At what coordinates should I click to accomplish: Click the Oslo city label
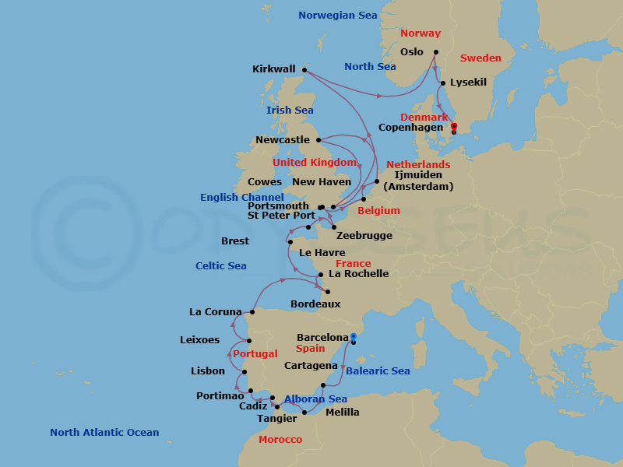411,52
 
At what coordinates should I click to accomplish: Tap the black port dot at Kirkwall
304,69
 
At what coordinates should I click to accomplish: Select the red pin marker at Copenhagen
454,127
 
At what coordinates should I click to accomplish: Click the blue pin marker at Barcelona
354,337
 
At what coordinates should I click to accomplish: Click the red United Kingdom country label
315,163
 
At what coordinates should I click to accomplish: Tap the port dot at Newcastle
319,140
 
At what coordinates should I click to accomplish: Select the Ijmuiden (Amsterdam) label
418,181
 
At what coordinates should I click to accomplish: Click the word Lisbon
208,371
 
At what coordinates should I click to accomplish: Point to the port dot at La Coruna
252,312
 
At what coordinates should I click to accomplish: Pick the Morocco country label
280,440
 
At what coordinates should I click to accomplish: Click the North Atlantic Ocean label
104,432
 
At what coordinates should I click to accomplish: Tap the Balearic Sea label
378,371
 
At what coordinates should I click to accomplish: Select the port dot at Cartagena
323,384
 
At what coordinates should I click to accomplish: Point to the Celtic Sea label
221,265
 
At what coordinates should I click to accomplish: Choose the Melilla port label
343,412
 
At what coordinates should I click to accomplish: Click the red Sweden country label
481,58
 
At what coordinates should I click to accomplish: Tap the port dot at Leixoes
249,341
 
